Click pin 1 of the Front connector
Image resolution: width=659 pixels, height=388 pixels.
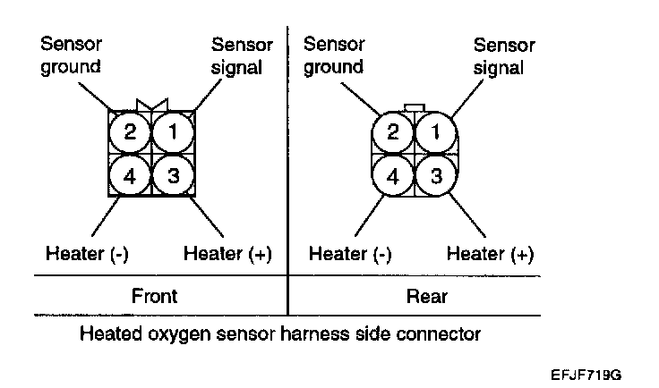point(173,132)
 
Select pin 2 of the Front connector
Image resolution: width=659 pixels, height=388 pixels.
point(130,132)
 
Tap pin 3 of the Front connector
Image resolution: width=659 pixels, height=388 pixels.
point(173,176)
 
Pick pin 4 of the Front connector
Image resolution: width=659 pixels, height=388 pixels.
point(130,176)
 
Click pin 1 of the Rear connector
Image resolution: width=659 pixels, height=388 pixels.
point(436,132)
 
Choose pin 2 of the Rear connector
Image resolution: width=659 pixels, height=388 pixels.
point(393,132)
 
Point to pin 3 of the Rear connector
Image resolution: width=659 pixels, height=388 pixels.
point(436,176)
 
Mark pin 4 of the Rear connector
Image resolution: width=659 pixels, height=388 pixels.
point(393,176)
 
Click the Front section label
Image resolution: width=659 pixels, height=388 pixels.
point(155,296)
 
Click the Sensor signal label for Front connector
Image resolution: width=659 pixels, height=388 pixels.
point(236,55)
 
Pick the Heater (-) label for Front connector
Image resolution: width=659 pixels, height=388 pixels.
point(87,254)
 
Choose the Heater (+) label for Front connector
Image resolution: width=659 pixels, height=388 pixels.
point(227,254)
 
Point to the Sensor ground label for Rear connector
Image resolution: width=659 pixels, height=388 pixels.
point(333,55)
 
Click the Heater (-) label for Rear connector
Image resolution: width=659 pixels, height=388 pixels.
point(350,254)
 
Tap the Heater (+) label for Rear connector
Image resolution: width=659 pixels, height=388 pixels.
point(490,254)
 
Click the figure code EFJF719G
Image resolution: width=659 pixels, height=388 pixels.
point(586,370)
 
